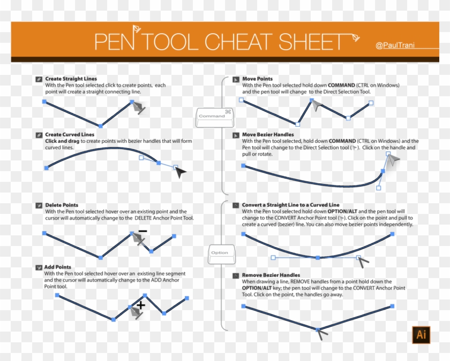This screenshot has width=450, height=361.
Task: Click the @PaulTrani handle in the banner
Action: [394, 46]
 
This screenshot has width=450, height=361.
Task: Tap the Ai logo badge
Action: [421, 335]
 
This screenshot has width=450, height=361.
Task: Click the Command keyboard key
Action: [214, 116]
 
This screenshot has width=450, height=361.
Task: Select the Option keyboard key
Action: [219, 253]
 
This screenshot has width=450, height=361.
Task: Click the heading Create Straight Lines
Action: [71, 79]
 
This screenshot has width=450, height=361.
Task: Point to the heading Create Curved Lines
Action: [70, 135]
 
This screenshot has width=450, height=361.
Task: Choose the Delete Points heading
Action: [62, 205]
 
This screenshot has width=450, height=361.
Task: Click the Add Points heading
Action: [58, 267]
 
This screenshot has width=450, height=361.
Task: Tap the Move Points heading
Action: [257, 79]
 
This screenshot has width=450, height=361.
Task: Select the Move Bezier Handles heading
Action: [268, 135]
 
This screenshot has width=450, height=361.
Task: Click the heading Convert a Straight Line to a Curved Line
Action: [290, 205]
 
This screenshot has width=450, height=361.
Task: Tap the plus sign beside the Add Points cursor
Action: [141, 305]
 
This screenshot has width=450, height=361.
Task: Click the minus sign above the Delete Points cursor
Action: [142, 231]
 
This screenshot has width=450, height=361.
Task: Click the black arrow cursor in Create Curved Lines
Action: [181, 172]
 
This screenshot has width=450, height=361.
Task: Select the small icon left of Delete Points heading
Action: [39, 205]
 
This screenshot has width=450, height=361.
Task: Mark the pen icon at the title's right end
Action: [355, 37]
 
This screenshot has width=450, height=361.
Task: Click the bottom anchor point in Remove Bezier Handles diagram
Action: [318, 329]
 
